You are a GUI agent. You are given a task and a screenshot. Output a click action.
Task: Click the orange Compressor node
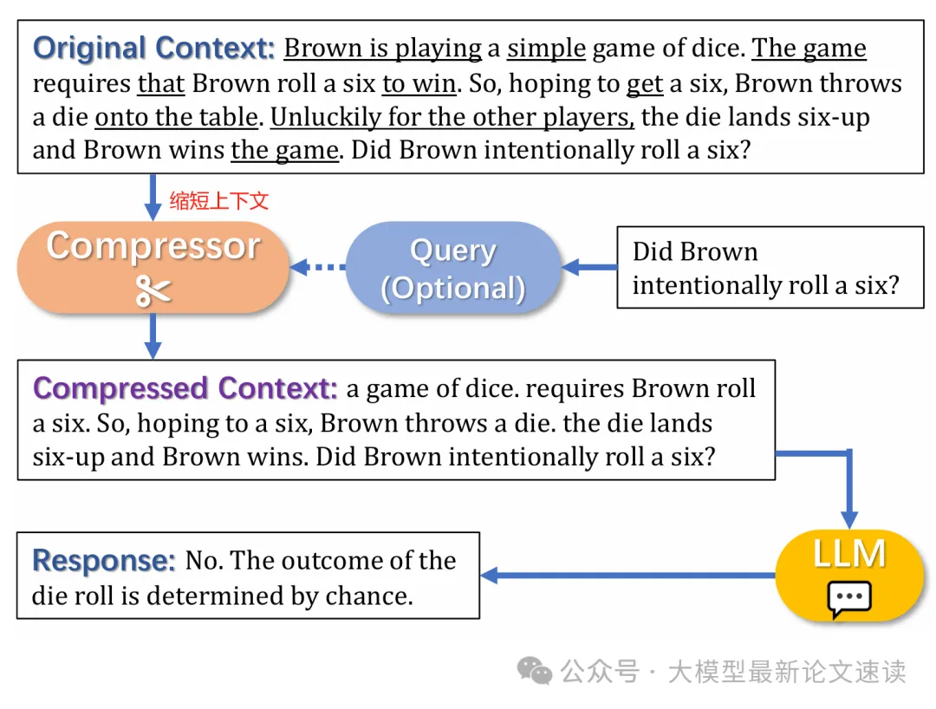tap(153, 267)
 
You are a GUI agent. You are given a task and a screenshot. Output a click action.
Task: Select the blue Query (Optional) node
tap(452, 268)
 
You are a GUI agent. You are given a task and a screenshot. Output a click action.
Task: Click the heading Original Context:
tap(153, 48)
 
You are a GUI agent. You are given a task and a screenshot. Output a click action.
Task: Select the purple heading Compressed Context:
tap(185, 387)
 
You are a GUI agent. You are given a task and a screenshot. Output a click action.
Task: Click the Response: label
tap(104, 561)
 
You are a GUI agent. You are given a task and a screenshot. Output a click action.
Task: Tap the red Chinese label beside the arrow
tap(219, 201)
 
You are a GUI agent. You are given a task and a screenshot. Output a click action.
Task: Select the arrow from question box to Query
tap(589, 267)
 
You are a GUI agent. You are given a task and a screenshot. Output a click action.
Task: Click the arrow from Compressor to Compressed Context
tap(153, 336)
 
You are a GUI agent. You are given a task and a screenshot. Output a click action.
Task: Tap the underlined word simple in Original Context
tap(546, 49)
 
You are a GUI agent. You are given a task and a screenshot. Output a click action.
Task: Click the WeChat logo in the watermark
tap(535, 671)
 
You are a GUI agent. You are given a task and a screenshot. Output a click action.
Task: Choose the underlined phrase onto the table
tap(176, 116)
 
